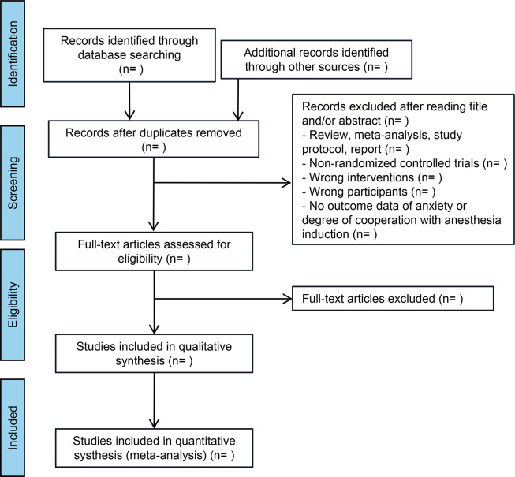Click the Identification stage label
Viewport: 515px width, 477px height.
point(13,54)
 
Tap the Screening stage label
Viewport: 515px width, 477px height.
point(13,183)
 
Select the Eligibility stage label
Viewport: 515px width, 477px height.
point(13,304)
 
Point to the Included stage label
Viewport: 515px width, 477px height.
point(13,428)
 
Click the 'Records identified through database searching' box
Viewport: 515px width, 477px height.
point(129,55)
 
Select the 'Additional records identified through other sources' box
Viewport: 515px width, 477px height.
point(316,60)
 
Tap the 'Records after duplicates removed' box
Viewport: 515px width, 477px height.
point(154,139)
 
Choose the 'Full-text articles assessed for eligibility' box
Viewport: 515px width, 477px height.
point(154,252)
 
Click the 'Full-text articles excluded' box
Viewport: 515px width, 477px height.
point(393,298)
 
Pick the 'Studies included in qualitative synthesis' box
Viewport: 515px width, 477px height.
point(154,353)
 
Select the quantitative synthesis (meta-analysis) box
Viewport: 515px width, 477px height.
point(154,448)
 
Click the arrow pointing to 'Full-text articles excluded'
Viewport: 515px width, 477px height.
point(223,299)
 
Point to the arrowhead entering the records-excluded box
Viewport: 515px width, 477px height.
point(286,183)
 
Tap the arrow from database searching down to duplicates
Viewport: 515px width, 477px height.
point(129,101)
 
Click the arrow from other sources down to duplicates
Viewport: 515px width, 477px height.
point(238,100)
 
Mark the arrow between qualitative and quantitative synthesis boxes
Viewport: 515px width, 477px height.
point(154,401)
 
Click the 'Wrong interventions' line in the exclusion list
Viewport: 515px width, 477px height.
point(372,177)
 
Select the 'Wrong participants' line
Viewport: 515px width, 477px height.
point(369,192)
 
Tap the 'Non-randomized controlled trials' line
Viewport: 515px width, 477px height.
point(405,163)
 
